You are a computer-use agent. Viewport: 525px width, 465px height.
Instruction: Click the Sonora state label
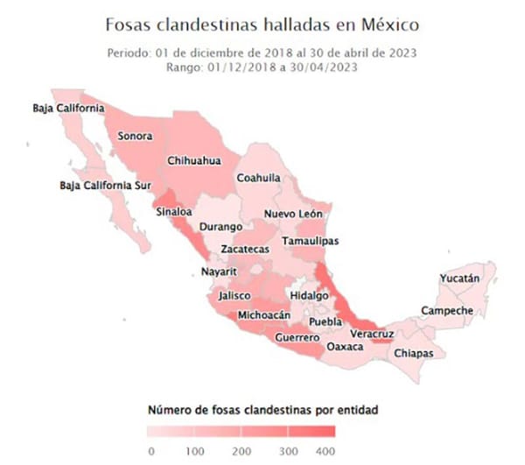pyautogui.click(x=135, y=137)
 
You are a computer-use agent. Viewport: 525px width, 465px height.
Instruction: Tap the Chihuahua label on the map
pyautogui.click(x=192, y=161)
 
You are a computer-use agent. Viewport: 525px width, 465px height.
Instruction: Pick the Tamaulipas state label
pyautogui.click(x=311, y=241)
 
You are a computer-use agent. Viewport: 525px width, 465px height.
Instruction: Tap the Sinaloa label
pyautogui.click(x=172, y=211)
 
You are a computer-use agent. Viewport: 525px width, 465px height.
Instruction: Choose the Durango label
pyautogui.click(x=220, y=228)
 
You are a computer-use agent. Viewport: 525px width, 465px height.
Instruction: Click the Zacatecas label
pyautogui.click(x=244, y=250)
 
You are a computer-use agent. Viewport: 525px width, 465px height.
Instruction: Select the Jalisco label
pyautogui.click(x=236, y=296)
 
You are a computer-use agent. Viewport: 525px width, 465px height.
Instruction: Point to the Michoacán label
pyautogui.click(x=263, y=315)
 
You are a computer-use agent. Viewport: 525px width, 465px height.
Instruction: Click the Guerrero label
pyautogui.click(x=296, y=337)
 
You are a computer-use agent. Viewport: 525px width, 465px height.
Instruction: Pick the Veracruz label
pyautogui.click(x=372, y=335)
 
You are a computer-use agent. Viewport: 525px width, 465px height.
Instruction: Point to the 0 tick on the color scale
pyautogui.click(x=151, y=450)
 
